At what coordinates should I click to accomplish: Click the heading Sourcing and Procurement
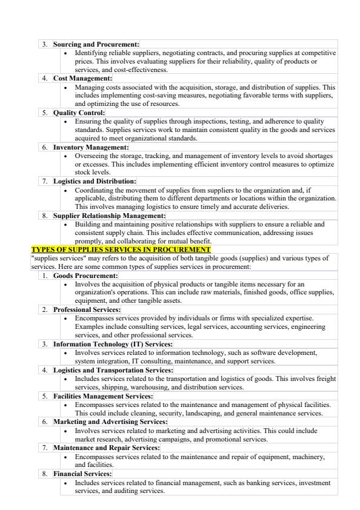tap(96, 44)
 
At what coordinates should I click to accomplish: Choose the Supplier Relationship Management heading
tap(109, 215)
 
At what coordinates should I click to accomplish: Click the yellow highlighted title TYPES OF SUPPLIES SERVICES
tap(121, 250)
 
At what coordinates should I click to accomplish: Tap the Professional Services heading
tap(88, 310)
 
